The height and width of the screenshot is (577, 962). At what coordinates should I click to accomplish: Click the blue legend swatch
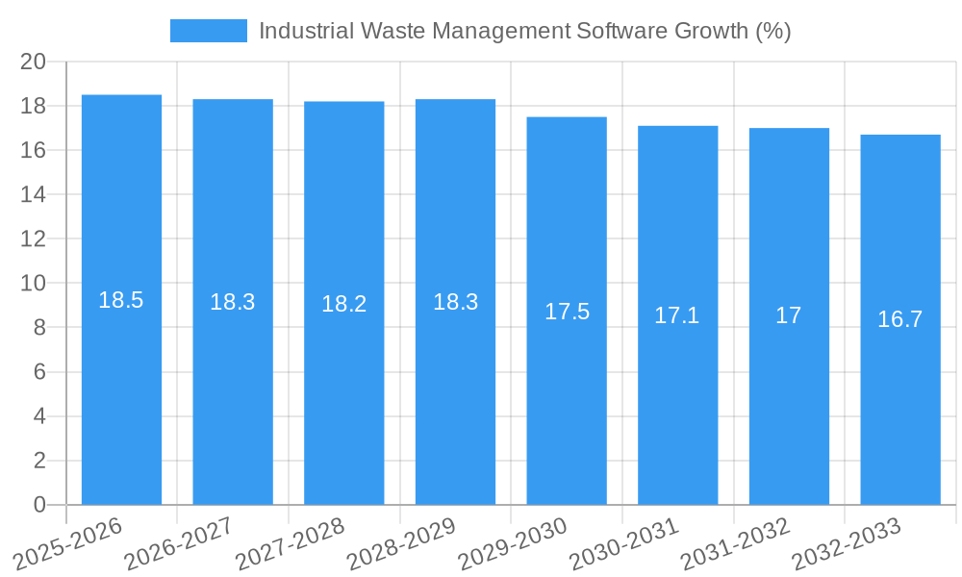pyautogui.click(x=208, y=31)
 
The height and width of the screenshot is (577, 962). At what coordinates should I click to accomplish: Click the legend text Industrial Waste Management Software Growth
pyautogui.click(x=524, y=31)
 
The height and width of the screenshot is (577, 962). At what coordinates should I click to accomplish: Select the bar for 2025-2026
pyautogui.click(x=121, y=385)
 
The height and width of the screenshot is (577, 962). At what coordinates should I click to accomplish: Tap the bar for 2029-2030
pyautogui.click(x=567, y=404)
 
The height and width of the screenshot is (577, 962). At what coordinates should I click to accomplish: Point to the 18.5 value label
pyautogui.click(x=121, y=300)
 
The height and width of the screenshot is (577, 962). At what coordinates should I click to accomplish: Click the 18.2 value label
pyautogui.click(x=343, y=304)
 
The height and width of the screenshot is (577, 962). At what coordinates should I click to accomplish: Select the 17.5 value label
pyautogui.click(x=567, y=312)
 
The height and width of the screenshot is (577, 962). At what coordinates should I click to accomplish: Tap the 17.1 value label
pyautogui.click(x=677, y=315)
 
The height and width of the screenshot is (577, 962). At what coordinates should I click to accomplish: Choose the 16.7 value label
pyautogui.click(x=900, y=319)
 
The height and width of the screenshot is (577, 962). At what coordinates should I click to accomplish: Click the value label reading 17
pyautogui.click(x=789, y=315)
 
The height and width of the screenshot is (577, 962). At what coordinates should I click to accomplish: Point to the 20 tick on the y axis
pyautogui.click(x=34, y=62)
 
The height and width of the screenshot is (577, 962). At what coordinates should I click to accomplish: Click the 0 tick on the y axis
pyautogui.click(x=39, y=505)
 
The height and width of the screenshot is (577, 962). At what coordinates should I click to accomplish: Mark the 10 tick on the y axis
pyautogui.click(x=34, y=284)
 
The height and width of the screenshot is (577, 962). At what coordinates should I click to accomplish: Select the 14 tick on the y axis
pyautogui.click(x=34, y=194)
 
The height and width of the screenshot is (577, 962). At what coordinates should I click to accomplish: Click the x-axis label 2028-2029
pyautogui.click(x=401, y=543)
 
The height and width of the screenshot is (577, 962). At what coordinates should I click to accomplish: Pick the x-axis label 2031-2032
pyautogui.click(x=735, y=543)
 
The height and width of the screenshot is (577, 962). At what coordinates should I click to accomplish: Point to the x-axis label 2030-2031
pyautogui.click(x=624, y=543)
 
